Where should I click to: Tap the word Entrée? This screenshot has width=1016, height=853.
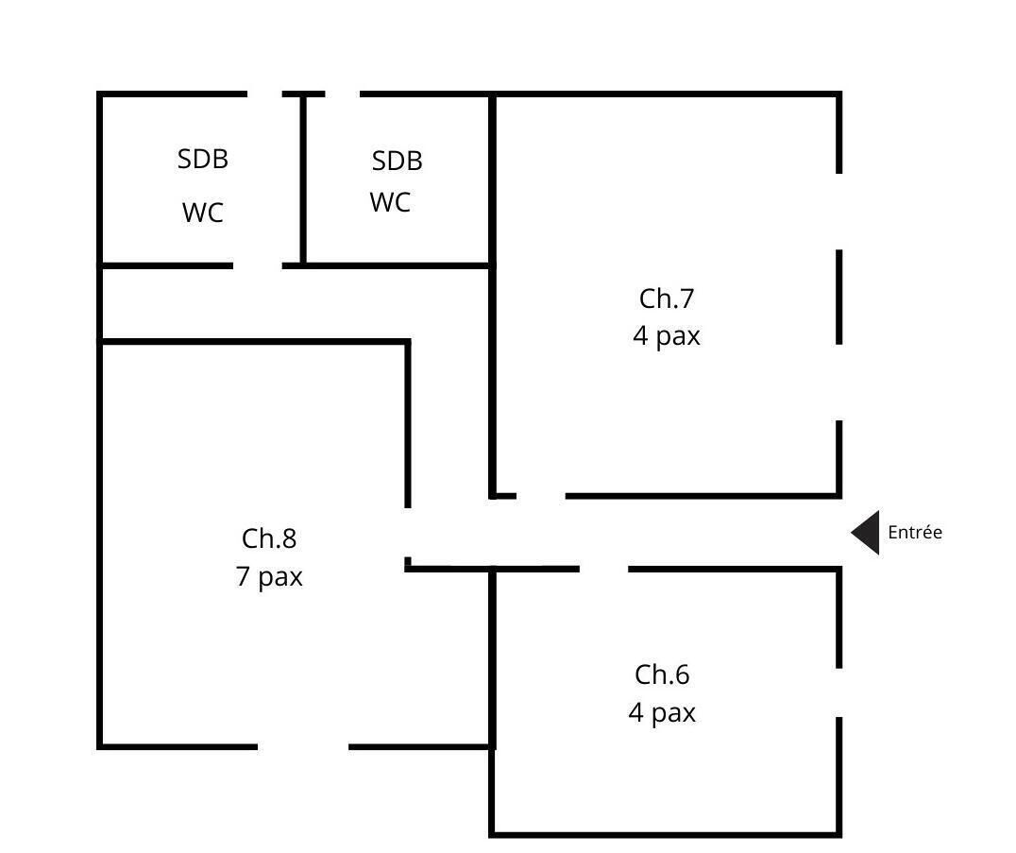(915, 532)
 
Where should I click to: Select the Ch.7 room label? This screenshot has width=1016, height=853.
(666, 299)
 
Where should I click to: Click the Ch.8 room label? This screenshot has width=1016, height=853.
(269, 538)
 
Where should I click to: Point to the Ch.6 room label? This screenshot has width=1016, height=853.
(662, 674)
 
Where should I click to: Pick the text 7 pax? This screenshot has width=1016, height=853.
(269, 577)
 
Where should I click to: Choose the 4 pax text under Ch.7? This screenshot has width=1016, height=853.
(666, 336)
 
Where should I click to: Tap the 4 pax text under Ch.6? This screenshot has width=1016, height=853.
(662, 713)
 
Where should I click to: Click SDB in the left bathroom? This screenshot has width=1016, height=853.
(203, 160)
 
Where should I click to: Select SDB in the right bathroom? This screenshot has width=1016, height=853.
(398, 161)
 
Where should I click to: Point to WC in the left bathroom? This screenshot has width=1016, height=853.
(203, 213)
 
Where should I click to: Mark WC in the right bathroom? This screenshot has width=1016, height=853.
(391, 203)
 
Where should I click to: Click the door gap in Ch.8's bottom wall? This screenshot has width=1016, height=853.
(303, 746)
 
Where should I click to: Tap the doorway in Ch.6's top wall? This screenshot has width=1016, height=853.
(604, 569)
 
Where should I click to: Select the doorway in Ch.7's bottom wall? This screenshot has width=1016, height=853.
(541, 496)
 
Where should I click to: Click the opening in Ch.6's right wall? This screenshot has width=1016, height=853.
(839, 693)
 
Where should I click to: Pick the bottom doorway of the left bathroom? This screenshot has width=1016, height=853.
(257, 265)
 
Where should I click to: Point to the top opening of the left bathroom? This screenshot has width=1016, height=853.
(264, 94)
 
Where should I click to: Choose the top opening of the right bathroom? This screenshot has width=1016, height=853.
(342, 94)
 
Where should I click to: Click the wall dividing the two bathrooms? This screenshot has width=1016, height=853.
(302, 180)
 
